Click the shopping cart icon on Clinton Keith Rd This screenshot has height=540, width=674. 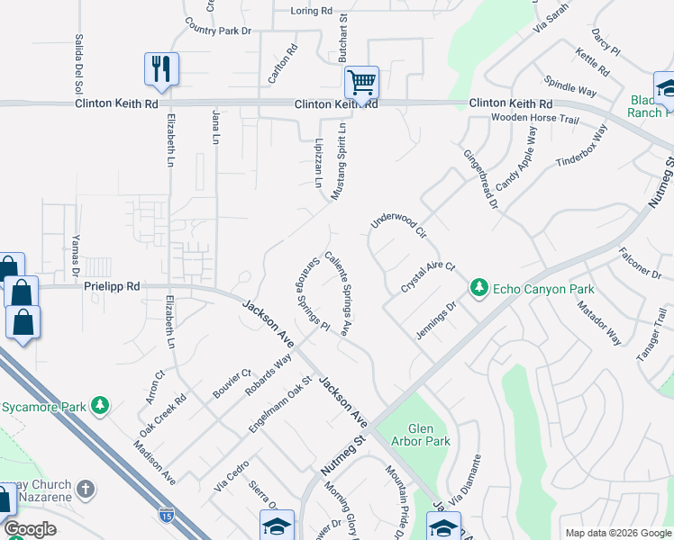point(361,83)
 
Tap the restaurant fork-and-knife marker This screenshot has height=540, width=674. point(162,68)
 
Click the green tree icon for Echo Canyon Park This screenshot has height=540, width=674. point(479,289)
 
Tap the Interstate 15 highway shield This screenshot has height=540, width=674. point(166,515)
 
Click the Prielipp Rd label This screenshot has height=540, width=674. point(112,286)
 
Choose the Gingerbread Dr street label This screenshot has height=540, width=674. point(481,175)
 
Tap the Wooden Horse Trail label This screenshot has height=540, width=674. point(534,119)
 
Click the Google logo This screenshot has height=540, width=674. point(30,529)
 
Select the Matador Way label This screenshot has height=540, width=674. point(600,323)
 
